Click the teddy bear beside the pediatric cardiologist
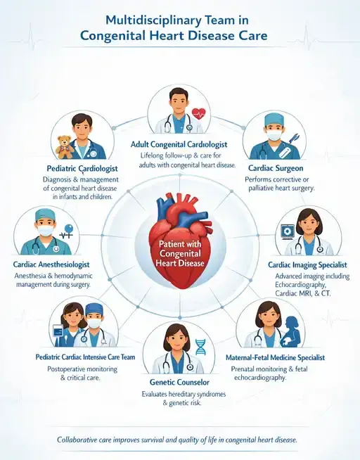click(x=65, y=147)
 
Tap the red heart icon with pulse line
click(x=199, y=113)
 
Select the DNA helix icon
click(x=200, y=347)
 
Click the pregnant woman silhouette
click(x=290, y=331)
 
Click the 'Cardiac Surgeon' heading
click(x=276, y=168)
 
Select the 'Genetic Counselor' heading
click(x=179, y=382)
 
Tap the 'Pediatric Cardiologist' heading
click(x=82, y=169)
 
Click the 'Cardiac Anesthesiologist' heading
click(x=51, y=264)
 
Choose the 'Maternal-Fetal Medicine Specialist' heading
click(x=276, y=357)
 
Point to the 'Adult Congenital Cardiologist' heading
click(x=179, y=144)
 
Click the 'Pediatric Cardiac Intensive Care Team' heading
click(x=85, y=357)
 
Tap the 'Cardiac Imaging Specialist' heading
click(x=307, y=265)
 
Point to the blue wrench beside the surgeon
click(x=294, y=138)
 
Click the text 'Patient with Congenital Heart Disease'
click(x=180, y=253)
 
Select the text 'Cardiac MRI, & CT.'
click(x=302, y=293)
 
